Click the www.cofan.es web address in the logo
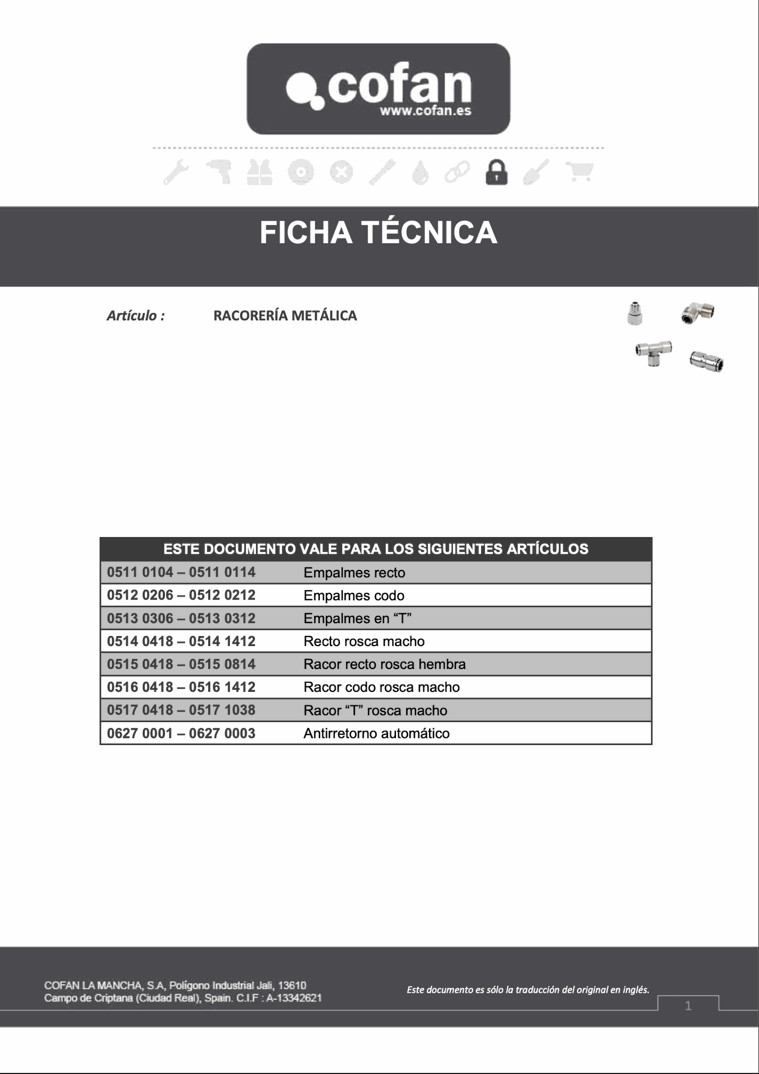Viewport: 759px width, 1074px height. coord(425,111)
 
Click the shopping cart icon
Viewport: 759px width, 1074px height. coord(579,171)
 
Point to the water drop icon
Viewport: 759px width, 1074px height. coord(420,172)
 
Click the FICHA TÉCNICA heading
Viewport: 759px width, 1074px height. coord(378,233)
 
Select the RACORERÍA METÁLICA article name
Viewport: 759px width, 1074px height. coord(285,315)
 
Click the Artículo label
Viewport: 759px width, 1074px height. coord(136,315)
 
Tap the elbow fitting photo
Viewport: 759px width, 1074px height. coord(697,313)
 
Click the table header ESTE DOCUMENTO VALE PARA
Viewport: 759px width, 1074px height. coord(375,549)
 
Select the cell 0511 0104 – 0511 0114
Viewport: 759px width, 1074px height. coord(181,572)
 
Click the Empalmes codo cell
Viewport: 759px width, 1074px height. coord(353,595)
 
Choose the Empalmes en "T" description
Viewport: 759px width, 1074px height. coord(357,618)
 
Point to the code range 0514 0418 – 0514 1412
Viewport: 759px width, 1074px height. coord(181,641)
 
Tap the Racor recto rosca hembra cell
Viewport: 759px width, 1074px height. coord(384,664)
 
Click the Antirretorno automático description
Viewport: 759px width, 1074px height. coord(376,733)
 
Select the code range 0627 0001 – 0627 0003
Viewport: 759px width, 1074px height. coord(181,733)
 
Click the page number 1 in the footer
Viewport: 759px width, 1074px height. coord(688,1006)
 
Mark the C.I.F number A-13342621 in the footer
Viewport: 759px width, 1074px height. coord(294,998)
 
